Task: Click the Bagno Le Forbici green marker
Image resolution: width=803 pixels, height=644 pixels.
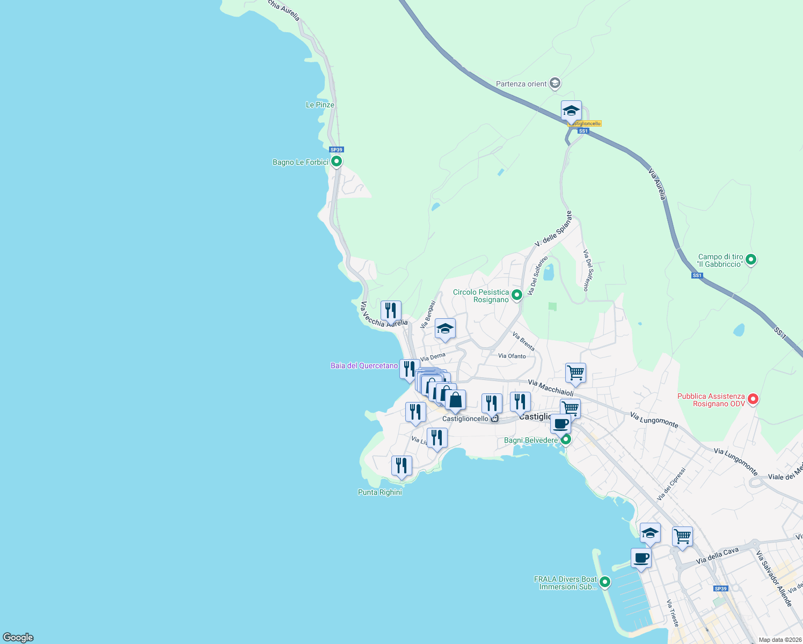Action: (337, 161)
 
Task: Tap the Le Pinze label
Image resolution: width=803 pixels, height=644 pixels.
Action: (320, 105)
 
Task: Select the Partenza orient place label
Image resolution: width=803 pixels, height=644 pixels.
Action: (521, 84)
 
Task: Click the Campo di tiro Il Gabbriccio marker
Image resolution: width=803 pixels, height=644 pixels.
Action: (751, 260)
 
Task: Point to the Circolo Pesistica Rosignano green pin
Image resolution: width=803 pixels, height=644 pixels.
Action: (516, 295)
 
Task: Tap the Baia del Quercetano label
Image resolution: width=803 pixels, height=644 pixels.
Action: (364, 366)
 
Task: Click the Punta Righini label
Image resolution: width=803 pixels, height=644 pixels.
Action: (379, 493)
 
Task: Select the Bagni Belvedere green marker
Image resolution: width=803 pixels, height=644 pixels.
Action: (565, 440)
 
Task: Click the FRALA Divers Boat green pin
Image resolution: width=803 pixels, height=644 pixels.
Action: (605, 582)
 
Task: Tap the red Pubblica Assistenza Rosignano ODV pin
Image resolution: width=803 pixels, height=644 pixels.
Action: (753, 399)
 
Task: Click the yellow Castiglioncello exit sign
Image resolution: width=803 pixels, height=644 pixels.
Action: (585, 123)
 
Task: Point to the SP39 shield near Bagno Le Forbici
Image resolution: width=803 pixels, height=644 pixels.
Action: (336, 150)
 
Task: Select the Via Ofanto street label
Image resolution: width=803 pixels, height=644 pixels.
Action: (512, 356)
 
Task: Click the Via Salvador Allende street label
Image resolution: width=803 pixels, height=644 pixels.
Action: (774, 579)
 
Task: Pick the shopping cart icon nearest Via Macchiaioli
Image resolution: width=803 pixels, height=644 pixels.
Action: (575, 372)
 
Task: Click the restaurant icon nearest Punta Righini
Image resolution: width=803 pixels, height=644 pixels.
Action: (401, 465)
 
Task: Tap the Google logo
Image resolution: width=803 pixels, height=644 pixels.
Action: (18, 638)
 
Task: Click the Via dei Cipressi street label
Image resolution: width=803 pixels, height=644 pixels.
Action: (671, 484)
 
